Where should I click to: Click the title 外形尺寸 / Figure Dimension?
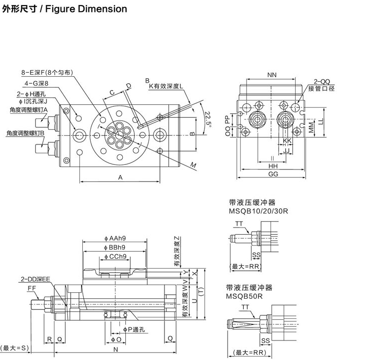(65, 9)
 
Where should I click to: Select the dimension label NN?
(272, 75)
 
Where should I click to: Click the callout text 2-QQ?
(321, 81)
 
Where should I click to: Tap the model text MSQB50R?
(245, 296)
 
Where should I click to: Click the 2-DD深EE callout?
(35, 280)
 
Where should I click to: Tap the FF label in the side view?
(32, 289)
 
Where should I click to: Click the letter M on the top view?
(193, 165)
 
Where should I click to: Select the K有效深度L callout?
(168, 86)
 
